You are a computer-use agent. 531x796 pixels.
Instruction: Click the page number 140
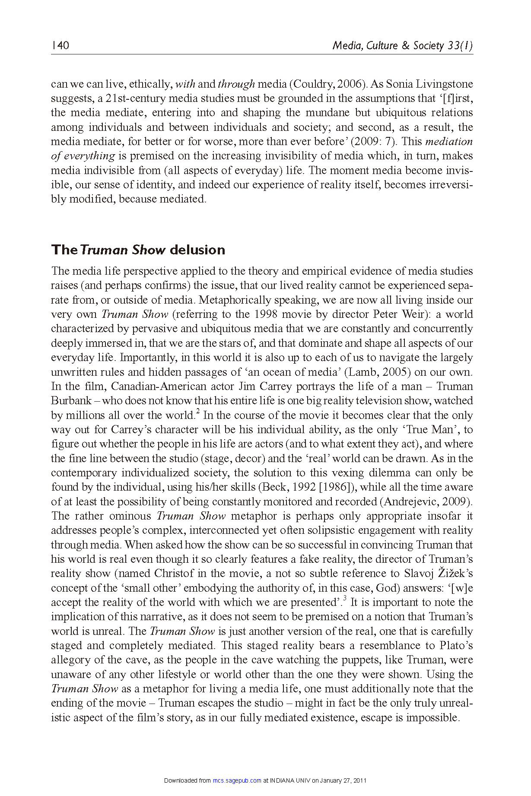pos(60,45)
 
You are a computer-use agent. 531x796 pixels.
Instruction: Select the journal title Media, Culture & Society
pos(388,45)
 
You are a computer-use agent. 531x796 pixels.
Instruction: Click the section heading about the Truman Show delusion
pos(138,250)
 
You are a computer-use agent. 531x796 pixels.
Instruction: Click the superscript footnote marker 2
pos(198,412)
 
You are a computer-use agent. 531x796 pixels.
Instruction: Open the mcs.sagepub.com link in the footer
pos(237,780)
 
